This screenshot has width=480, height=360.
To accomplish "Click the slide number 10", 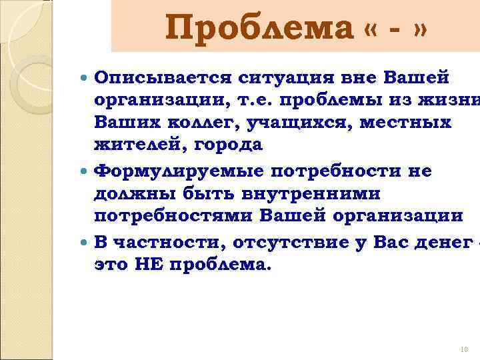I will pos(465,349).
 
